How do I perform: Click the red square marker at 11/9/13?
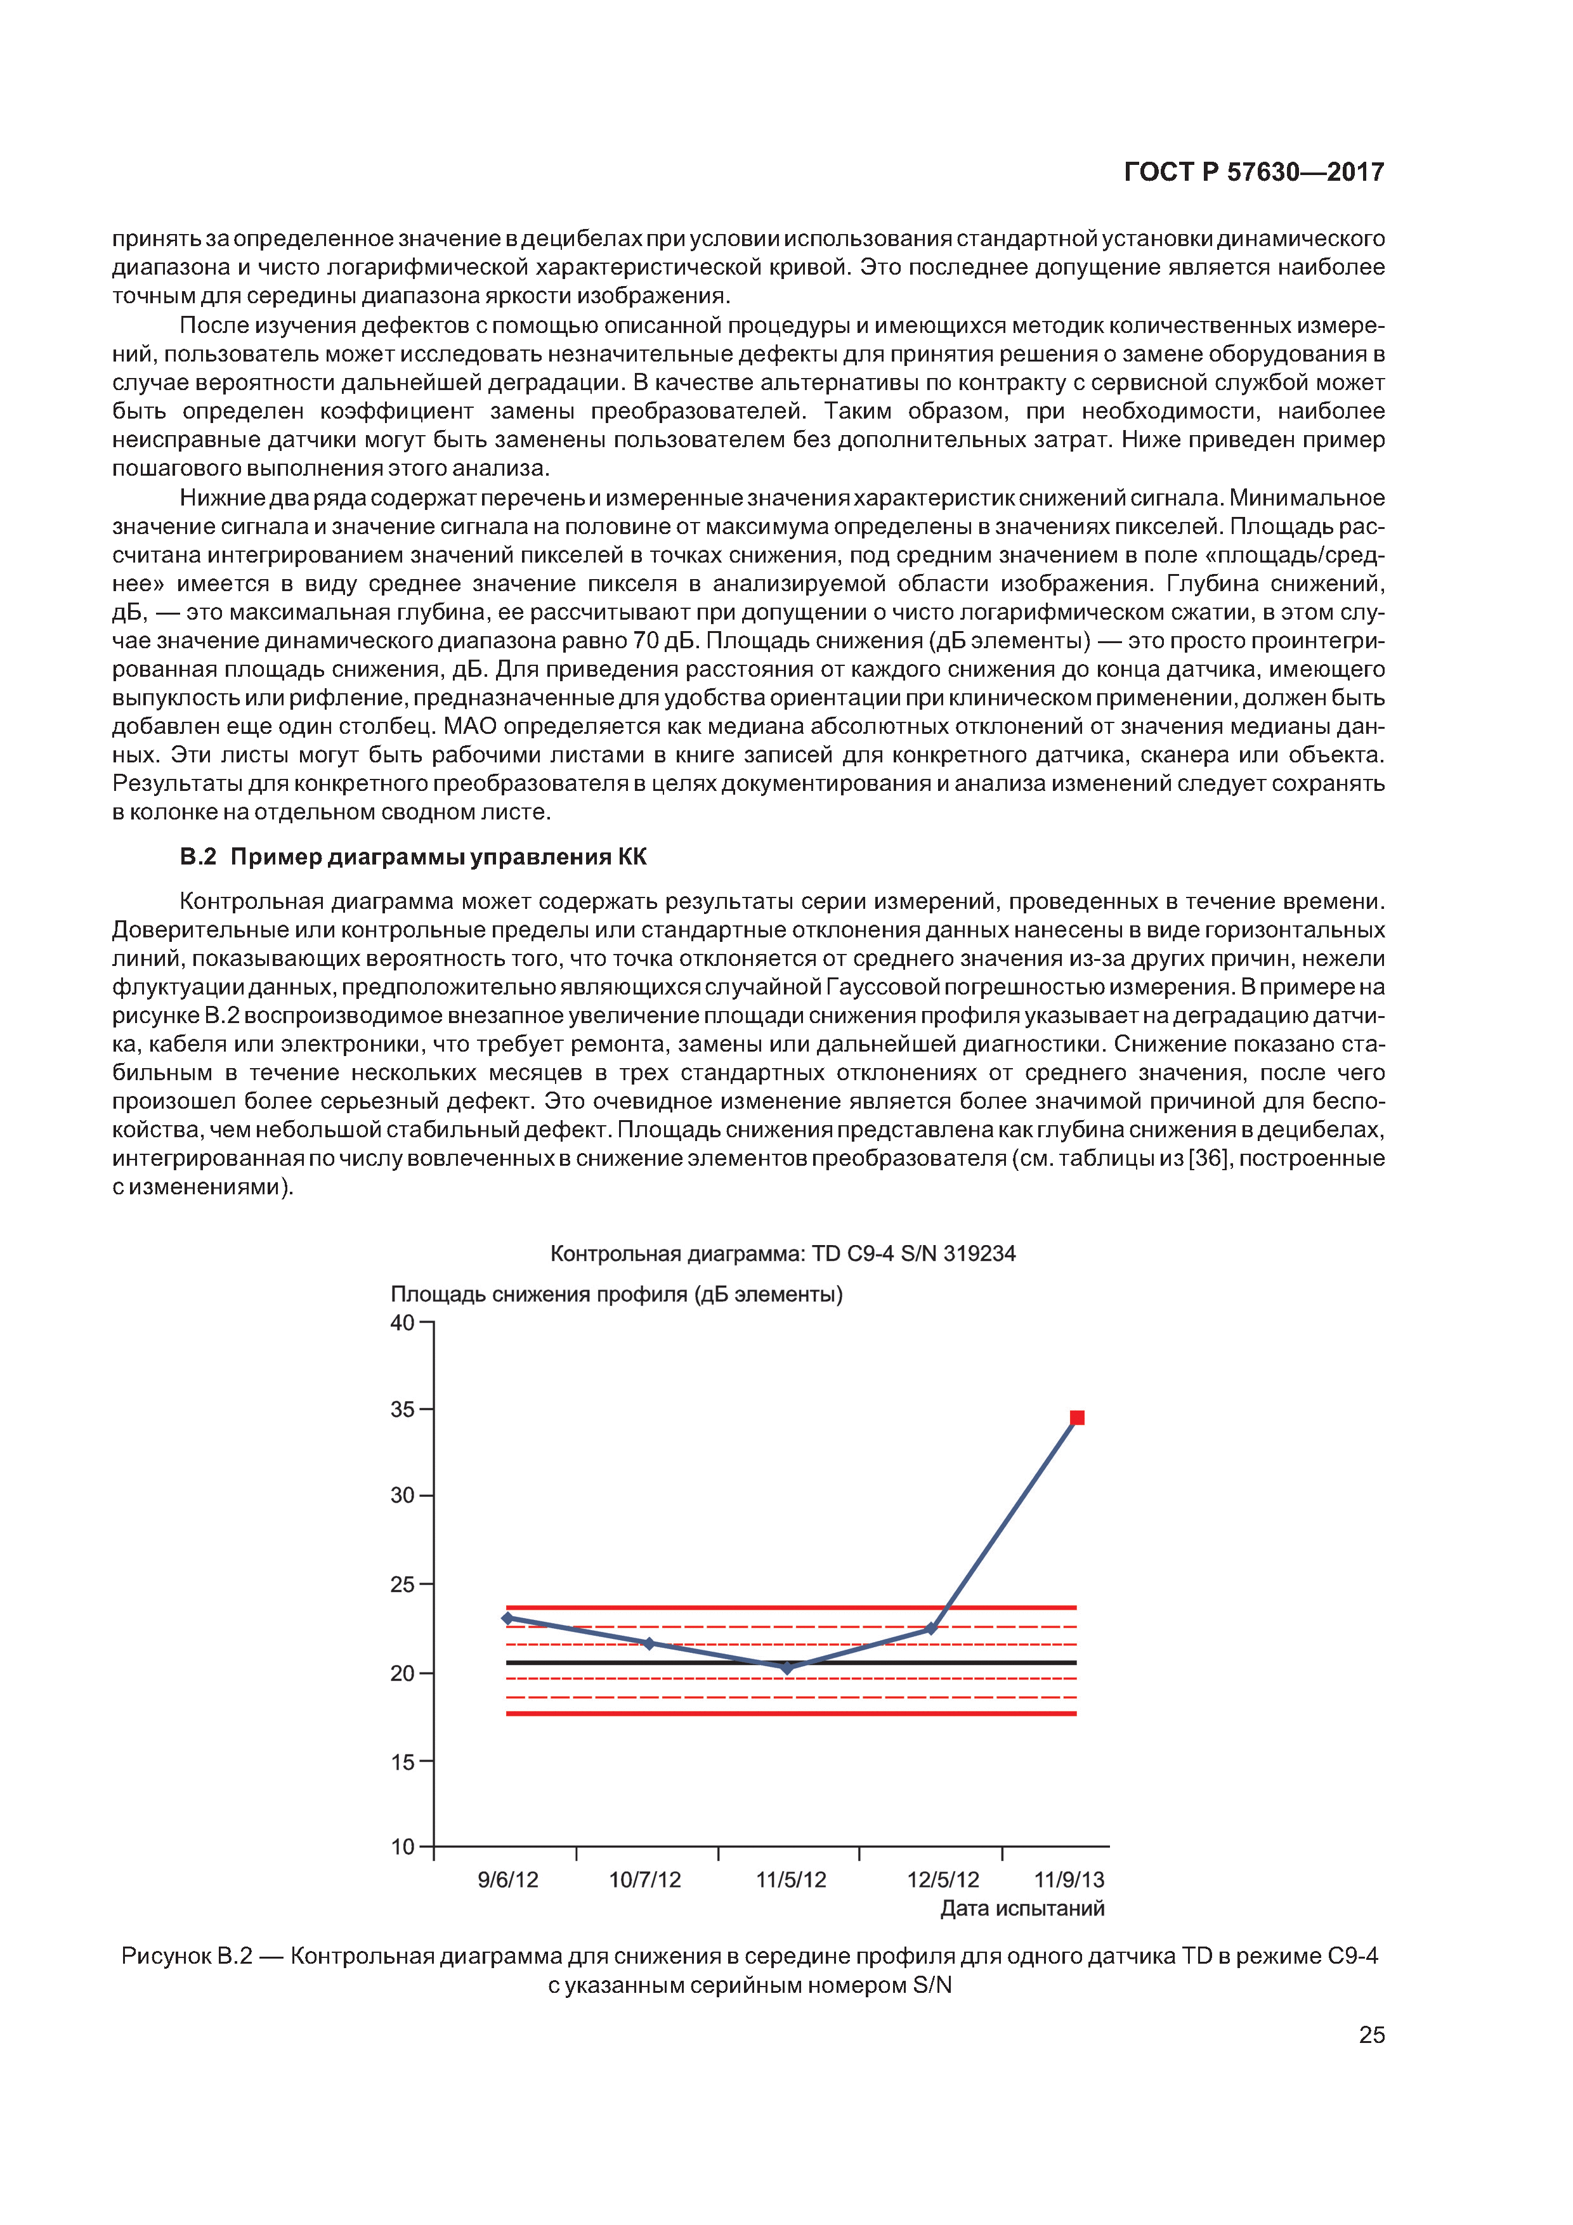point(1077,1418)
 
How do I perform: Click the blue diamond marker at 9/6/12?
point(507,1619)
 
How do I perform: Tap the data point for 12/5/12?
point(931,1629)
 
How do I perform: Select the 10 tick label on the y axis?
point(402,1847)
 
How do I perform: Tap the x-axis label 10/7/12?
point(644,1880)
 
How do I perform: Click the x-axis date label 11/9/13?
point(1069,1880)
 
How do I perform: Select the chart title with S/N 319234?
point(782,1253)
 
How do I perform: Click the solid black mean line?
point(679,1663)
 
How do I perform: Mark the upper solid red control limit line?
point(679,1608)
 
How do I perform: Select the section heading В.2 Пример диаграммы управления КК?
point(413,857)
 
